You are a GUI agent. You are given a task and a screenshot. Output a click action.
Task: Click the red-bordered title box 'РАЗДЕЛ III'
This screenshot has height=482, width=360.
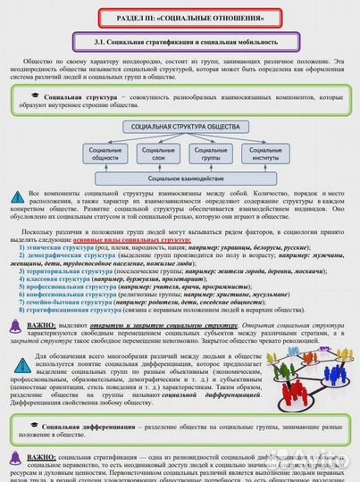pyautogui.click(x=180, y=17)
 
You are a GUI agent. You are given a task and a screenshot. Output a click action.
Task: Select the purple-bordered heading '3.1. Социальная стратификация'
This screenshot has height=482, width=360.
pyautogui.click(x=180, y=42)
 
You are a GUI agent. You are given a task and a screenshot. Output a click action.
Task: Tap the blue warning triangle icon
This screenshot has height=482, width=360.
pyautogui.click(x=19, y=195)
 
